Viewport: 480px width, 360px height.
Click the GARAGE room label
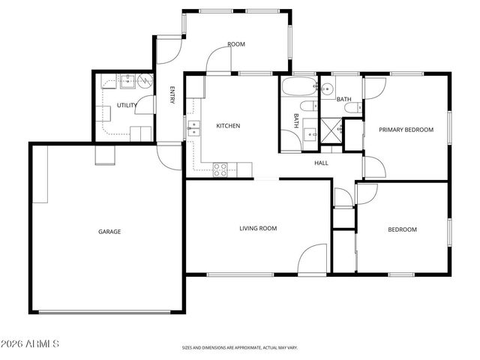tap(109, 232)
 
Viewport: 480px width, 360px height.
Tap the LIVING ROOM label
tap(258, 229)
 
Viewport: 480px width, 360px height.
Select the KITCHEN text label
tap(228, 126)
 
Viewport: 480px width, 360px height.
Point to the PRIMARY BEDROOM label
tap(406, 130)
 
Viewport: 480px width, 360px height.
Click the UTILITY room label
tap(126, 106)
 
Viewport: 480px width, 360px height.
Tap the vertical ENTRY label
tap(172, 95)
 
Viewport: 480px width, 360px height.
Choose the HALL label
tap(321, 163)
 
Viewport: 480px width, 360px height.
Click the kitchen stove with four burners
tap(220, 170)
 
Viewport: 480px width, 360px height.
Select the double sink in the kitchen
tap(193, 128)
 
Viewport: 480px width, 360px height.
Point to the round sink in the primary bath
tap(327, 89)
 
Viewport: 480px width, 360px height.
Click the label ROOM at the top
tap(236, 45)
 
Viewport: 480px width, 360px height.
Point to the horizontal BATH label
tap(343, 99)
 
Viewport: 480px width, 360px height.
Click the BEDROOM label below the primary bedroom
tap(402, 229)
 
